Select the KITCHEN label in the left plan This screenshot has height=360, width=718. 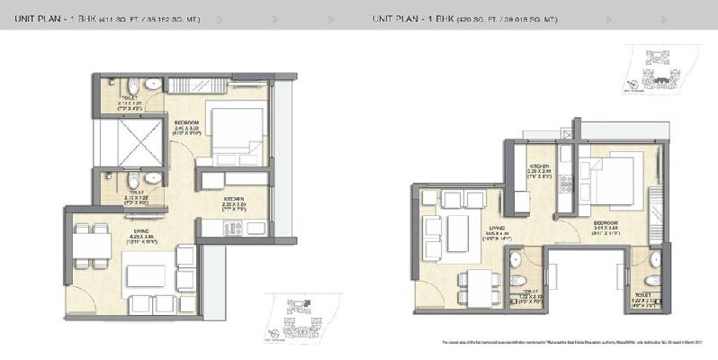coord(234,196)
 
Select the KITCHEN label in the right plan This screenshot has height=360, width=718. coord(539,166)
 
